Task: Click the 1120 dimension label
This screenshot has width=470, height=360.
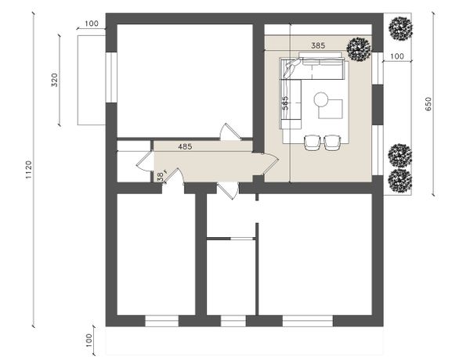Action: (x=28, y=170)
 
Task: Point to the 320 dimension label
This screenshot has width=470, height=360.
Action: (x=55, y=80)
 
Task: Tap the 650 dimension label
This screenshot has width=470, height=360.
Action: (x=428, y=104)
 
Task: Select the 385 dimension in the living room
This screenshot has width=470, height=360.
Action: (x=318, y=45)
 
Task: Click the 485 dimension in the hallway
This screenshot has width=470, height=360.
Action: (x=185, y=147)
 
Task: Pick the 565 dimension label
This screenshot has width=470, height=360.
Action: (x=285, y=103)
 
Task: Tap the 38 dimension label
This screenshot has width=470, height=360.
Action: (x=161, y=177)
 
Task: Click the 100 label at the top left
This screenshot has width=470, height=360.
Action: (x=92, y=23)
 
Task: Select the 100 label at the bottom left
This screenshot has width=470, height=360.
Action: (x=89, y=340)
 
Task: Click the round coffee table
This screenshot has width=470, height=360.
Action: (x=321, y=99)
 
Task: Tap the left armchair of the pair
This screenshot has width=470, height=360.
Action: (x=313, y=143)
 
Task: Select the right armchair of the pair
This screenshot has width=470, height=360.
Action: (x=332, y=143)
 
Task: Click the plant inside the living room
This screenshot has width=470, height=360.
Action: (x=359, y=49)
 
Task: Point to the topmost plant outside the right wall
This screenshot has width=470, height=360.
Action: (x=400, y=29)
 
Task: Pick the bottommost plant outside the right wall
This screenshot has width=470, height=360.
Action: (x=399, y=181)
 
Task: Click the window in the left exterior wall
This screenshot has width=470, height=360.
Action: (x=111, y=77)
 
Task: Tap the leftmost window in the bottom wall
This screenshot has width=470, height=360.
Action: (x=162, y=321)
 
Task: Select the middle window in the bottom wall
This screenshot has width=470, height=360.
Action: (x=233, y=321)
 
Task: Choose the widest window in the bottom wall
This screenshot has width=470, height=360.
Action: (x=308, y=321)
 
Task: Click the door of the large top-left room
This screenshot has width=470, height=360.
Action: (x=230, y=132)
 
